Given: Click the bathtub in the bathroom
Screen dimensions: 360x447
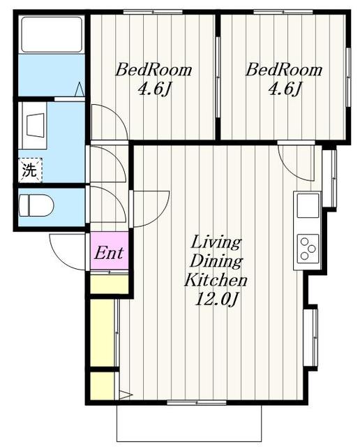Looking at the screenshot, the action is click(x=52, y=34).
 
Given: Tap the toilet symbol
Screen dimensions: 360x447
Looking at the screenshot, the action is click(x=36, y=205).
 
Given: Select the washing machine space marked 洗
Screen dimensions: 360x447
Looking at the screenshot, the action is click(x=30, y=170).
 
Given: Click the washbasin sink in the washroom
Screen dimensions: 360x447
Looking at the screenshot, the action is click(x=36, y=126).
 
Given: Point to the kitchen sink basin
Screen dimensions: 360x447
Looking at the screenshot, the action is click(x=308, y=205).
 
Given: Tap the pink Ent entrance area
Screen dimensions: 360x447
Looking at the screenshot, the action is click(x=110, y=251).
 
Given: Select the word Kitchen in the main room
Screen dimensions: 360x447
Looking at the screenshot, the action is click(x=216, y=280).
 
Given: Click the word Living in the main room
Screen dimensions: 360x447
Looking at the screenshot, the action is click(x=216, y=242).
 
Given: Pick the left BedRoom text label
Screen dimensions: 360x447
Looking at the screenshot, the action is click(x=153, y=70).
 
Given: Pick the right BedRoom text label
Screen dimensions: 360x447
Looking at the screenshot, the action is click(x=284, y=70).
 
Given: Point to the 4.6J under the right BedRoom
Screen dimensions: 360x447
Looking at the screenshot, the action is click(x=284, y=89).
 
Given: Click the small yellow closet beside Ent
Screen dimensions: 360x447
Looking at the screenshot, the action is click(x=110, y=284).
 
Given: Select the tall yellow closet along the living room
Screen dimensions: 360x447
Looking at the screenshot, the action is click(x=103, y=332).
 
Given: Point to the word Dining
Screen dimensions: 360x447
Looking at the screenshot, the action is click(x=216, y=261).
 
